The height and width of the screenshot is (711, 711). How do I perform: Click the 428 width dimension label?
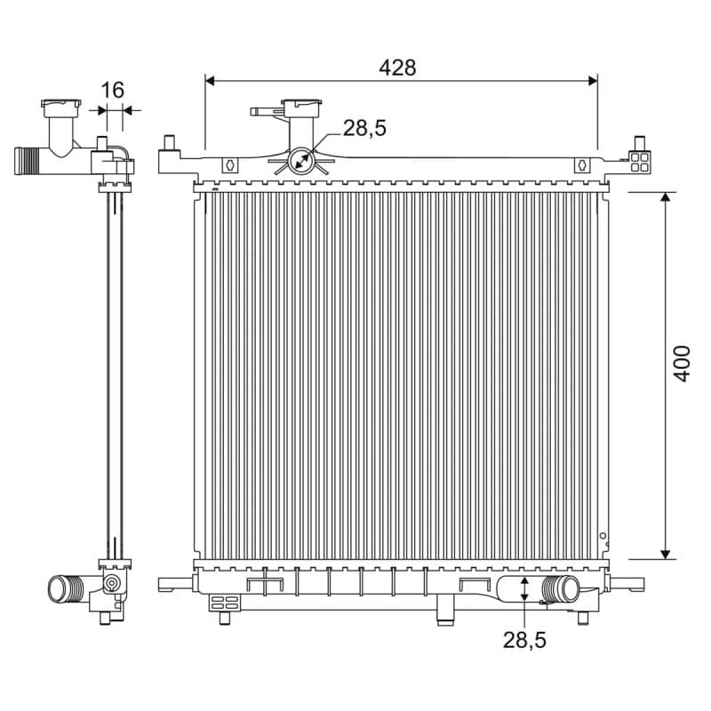pyautogui.click(x=397, y=68)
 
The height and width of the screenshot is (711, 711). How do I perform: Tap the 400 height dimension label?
pyautogui.click(x=681, y=363)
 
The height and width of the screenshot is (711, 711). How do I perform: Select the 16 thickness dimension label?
pyautogui.click(x=112, y=91)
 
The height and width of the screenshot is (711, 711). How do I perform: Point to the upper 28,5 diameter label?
pyautogui.click(x=364, y=128)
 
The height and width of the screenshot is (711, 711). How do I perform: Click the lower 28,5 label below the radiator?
pyautogui.click(x=524, y=641)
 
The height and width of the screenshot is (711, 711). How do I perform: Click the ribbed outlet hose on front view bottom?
pyautogui.click(x=561, y=588)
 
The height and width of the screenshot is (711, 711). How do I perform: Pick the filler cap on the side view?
pyautogui.click(x=61, y=104)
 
